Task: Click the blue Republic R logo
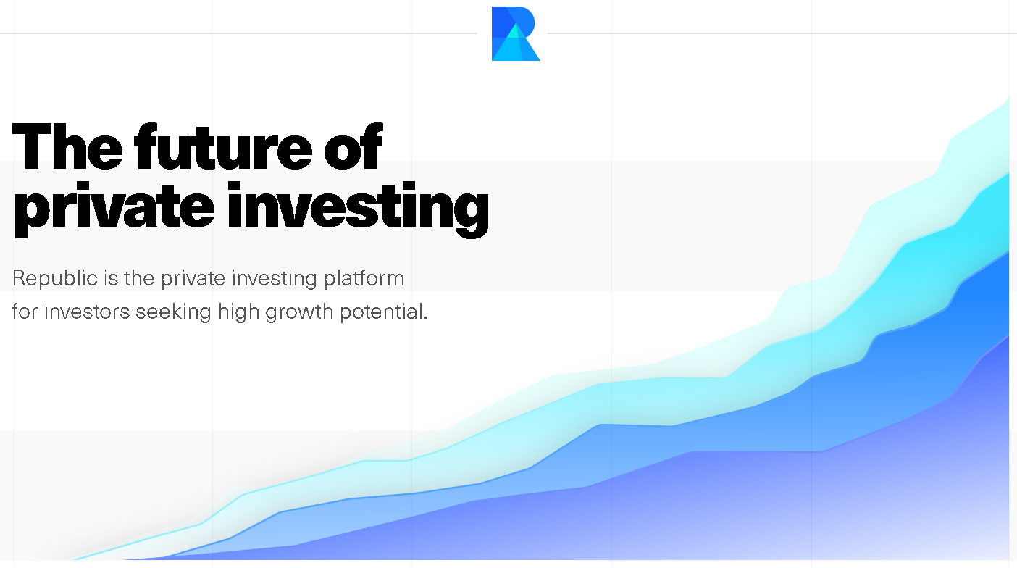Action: pos(515,33)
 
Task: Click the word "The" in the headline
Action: pos(67,146)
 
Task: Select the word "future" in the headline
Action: pos(223,146)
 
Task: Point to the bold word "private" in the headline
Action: pos(114,209)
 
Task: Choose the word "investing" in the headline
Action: pos(359,209)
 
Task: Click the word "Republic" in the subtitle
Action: pos(55,279)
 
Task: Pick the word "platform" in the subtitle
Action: pos(364,279)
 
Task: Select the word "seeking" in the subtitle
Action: pos(173,312)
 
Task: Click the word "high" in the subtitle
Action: pos(238,312)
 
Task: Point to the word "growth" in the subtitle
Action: pos(299,312)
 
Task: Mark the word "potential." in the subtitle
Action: pos(384,312)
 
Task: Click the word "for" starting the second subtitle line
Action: pos(25,312)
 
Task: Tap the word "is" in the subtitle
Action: pos(111,279)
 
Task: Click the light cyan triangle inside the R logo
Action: pos(514,31)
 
